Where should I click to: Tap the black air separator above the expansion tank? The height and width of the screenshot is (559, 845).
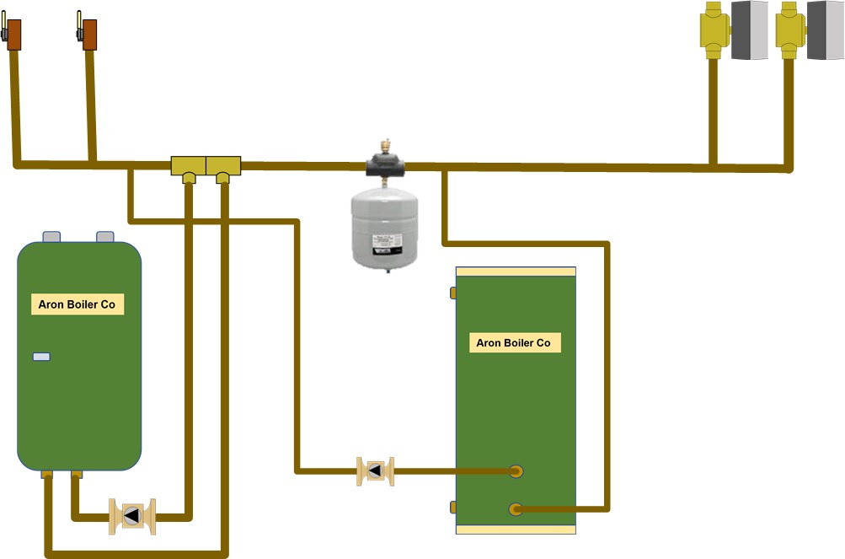[x=387, y=164]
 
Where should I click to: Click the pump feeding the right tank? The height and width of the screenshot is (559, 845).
[x=375, y=471]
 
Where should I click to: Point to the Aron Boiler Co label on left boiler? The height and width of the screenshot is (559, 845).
[x=78, y=304]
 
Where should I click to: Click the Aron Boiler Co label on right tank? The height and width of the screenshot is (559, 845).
[x=515, y=342]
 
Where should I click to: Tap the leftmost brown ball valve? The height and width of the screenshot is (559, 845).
[x=13, y=35]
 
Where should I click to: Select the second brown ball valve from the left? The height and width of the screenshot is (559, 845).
[x=88, y=35]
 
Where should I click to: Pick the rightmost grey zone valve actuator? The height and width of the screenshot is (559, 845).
[x=826, y=30]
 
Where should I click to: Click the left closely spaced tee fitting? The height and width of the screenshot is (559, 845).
[x=189, y=166]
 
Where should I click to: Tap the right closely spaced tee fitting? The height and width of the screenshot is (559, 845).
[x=223, y=166]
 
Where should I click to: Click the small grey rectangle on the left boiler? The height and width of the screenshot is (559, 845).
[x=41, y=357]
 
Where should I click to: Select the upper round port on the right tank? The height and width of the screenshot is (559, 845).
[x=516, y=470]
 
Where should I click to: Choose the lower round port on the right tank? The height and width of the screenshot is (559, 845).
[x=516, y=508]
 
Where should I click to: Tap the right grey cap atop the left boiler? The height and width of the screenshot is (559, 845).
[x=105, y=236]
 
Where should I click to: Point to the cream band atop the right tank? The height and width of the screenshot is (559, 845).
[x=516, y=271]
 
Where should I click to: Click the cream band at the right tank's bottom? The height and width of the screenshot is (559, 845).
[x=516, y=529]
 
